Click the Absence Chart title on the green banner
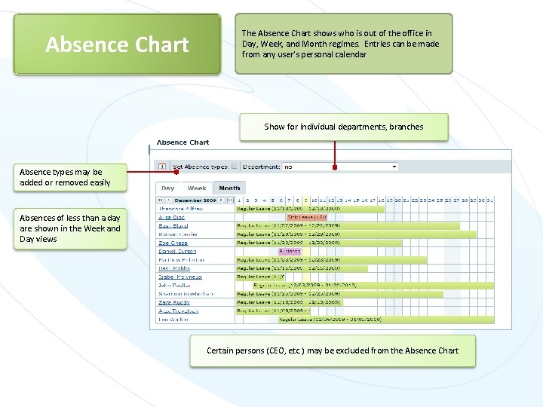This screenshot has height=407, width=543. [117, 44]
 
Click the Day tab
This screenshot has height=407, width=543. [168, 188]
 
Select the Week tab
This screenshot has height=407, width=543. [197, 188]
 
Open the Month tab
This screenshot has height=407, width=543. [229, 188]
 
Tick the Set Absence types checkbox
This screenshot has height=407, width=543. [234, 167]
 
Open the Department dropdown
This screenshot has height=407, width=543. [340, 167]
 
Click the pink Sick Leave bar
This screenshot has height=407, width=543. [305, 216]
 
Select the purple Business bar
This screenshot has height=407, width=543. [290, 251]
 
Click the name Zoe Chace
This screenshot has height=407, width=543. [173, 243]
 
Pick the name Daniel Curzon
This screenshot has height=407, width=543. [176, 251]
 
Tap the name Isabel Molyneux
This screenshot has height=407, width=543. [180, 277]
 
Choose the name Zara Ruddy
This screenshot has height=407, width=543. [174, 302]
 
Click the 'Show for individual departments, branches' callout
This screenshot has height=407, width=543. [344, 127]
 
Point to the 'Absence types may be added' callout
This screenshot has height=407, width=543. [65, 177]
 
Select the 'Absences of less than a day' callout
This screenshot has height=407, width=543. [70, 228]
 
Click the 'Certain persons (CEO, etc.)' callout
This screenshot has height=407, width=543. [333, 350]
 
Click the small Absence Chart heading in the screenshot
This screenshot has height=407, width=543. [183, 142]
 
